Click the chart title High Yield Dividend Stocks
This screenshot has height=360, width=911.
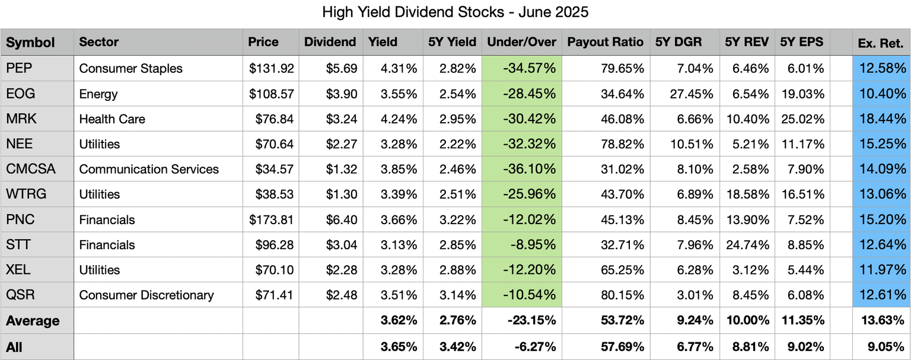[x=455, y=12]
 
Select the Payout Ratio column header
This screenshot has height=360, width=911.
[x=605, y=42]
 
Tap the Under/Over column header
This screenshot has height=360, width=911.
[x=521, y=42]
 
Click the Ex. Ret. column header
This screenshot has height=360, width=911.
[x=881, y=43]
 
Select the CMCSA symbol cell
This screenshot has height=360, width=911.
[x=30, y=169]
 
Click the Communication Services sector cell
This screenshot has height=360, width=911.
[x=149, y=169]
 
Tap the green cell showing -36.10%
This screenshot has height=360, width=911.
[x=529, y=169]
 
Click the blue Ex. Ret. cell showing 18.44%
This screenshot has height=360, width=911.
[x=883, y=119]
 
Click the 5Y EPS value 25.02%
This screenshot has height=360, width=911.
[x=804, y=119]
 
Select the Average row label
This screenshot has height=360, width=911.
[x=33, y=321]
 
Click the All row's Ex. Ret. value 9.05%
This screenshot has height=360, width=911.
[x=886, y=347]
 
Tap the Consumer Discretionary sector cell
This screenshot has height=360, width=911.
[x=146, y=295]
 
